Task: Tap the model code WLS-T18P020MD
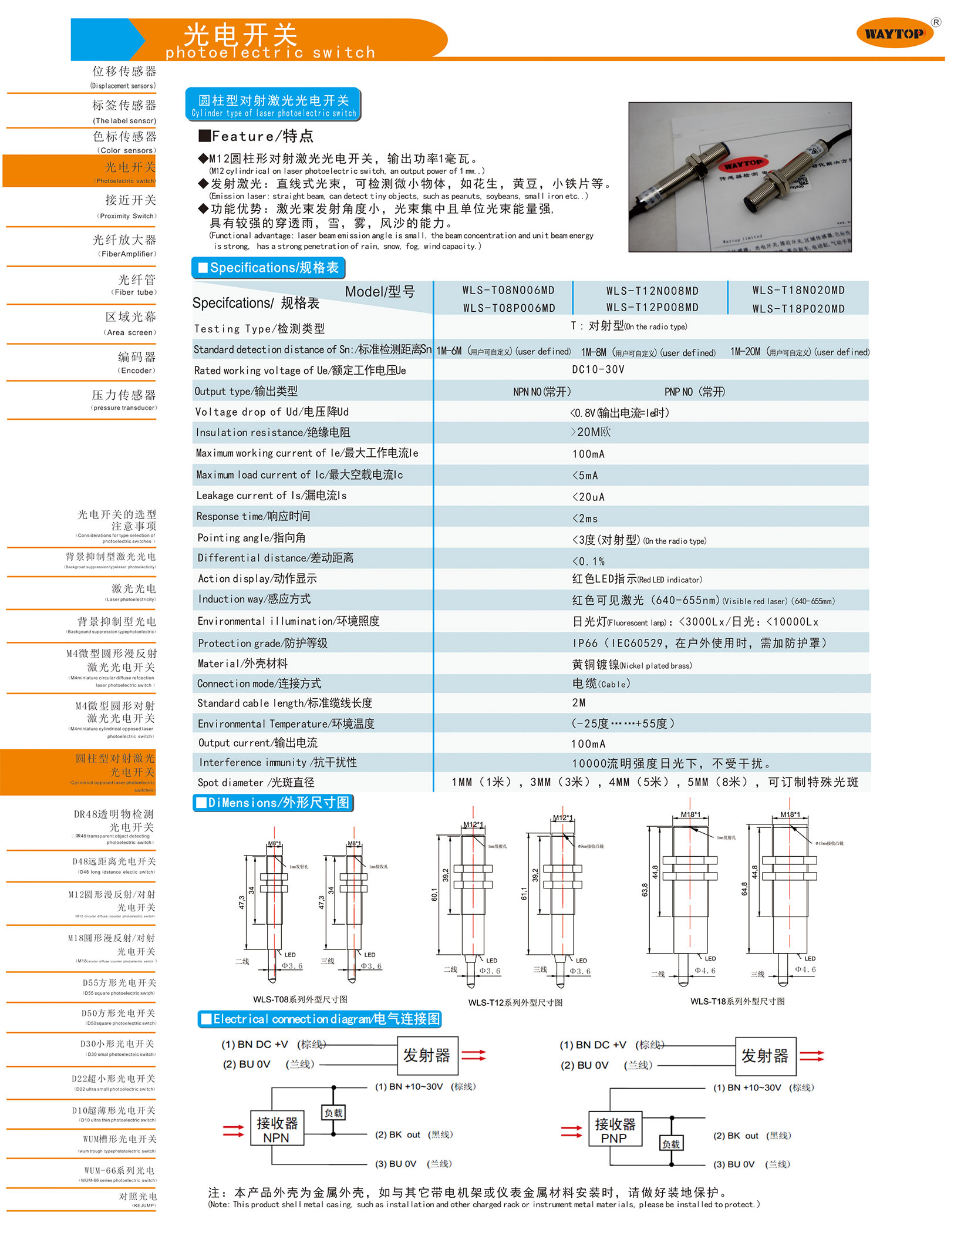pos(798,309)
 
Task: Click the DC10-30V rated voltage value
pos(598,370)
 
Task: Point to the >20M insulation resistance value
pos(591,432)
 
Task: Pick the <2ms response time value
pos(585,518)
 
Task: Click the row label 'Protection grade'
pos(262,643)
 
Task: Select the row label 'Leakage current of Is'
pos(271,496)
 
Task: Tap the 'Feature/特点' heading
pos(256,136)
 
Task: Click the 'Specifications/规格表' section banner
pos(268,268)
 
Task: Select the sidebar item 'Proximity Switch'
pos(130,206)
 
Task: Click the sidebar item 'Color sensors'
pos(126,142)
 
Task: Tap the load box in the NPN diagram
pos(333,1113)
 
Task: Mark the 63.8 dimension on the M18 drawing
pos(645,890)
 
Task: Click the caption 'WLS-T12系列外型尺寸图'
pos(515,1002)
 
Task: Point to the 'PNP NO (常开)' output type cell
pos(694,392)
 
